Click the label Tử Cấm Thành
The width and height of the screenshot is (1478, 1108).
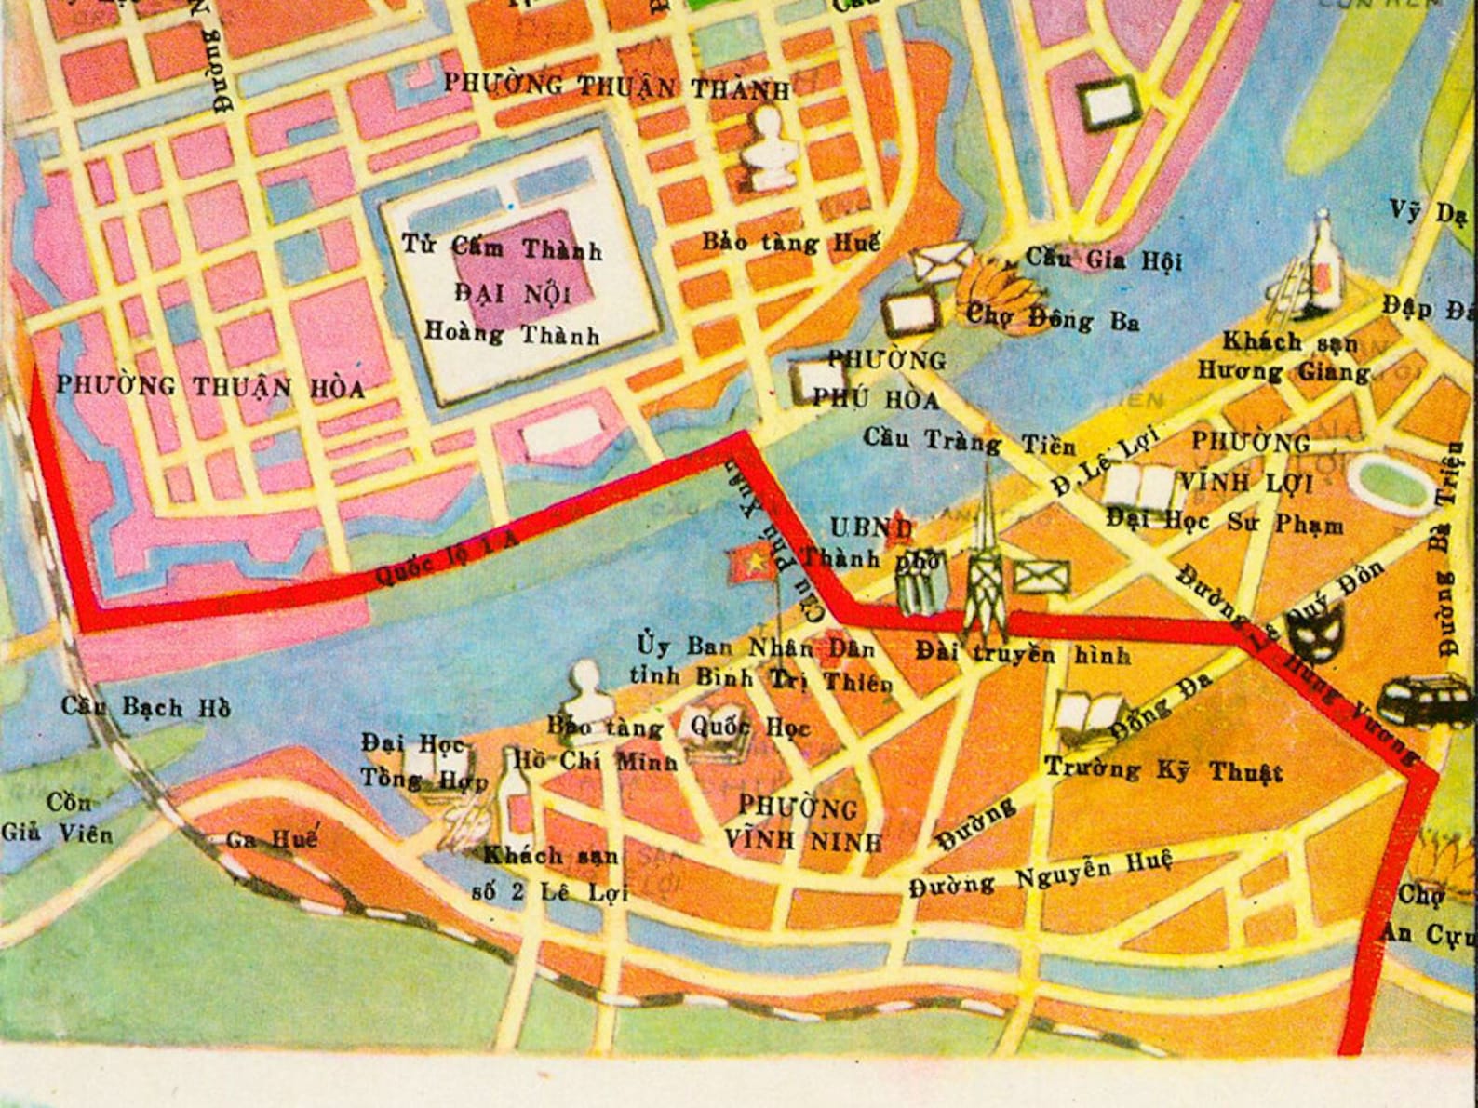[502, 247]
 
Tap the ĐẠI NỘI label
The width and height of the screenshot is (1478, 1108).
[512, 293]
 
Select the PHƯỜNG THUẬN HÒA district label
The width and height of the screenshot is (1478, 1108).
[210, 386]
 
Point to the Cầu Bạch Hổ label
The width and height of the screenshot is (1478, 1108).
[145, 707]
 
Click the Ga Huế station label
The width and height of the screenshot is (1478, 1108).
[272, 839]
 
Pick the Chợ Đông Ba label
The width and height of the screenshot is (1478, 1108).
[1052, 318]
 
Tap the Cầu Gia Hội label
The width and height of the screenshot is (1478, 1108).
[1104, 258]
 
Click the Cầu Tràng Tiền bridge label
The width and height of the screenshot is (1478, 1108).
[969, 440]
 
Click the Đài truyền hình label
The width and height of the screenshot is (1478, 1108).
[1022, 653]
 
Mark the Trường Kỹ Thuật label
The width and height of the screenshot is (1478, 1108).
[1163, 770]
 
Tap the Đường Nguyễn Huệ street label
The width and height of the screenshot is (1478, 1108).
[1040, 876]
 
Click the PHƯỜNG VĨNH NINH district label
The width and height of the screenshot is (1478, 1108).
[801, 823]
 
